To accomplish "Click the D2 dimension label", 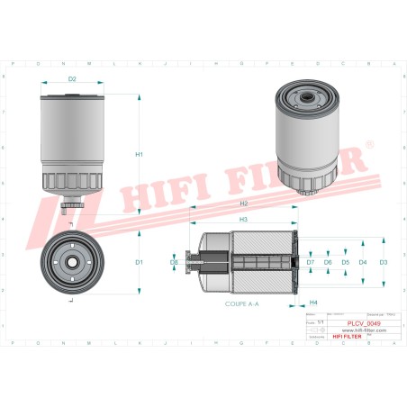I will pos(73,80).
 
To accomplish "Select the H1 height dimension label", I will pos(140,154).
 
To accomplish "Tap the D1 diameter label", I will pos(140,262).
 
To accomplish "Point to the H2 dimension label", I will pos(244,204).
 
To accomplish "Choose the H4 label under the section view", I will pos(313,302).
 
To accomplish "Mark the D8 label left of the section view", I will pos(174,262).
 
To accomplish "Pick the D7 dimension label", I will pos(311,262).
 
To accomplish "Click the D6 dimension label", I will pos(328,262).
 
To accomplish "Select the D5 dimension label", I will pos(345,262).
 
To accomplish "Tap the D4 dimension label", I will pos(363,262).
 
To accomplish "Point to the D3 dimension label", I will pos(383,262).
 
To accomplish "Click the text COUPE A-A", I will pos(241,305).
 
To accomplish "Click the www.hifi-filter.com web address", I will pos(357,330).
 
